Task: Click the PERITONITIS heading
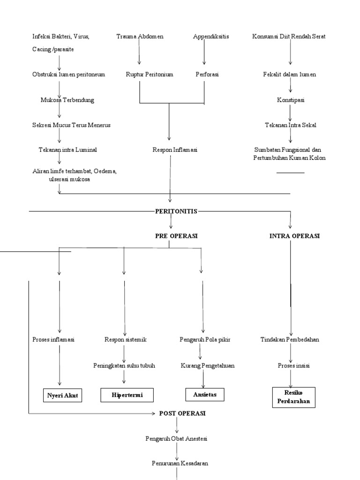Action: tap(176, 211)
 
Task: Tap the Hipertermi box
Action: tap(127, 396)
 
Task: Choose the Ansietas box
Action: tap(205, 395)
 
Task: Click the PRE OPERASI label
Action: tap(176, 236)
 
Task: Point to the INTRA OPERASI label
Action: tap(294, 236)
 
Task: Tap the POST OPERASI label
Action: tap(182, 413)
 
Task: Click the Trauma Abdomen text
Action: tap(140, 37)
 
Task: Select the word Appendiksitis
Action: tap(211, 37)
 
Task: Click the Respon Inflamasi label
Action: tap(175, 150)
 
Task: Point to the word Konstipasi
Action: tap(291, 100)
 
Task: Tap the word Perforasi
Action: tap(207, 75)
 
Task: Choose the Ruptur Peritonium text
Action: tap(150, 75)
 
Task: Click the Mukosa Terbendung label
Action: tap(67, 100)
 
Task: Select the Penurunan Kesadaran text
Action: tap(180, 463)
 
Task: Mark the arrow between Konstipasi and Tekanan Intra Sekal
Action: tap(291, 112)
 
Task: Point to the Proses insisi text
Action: tap(290, 366)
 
